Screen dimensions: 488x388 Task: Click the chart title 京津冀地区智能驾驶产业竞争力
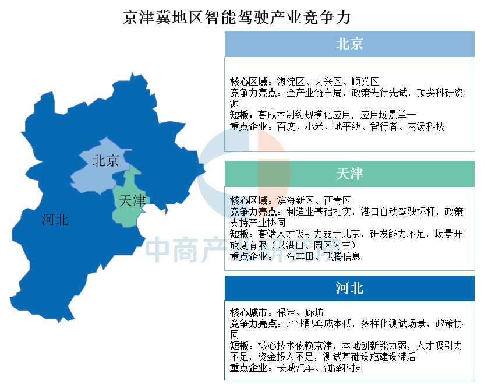[x=237, y=17]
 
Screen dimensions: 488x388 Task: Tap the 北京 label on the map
[x=106, y=161]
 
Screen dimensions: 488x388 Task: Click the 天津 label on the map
[x=132, y=200]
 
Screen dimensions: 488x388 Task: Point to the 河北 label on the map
[x=55, y=220]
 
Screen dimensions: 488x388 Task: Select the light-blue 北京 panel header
[x=349, y=44]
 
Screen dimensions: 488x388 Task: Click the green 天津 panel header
[x=349, y=174]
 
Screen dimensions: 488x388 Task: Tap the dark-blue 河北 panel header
[x=349, y=288]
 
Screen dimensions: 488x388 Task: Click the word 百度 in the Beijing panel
[x=286, y=127]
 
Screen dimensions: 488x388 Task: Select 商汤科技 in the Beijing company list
[x=426, y=127]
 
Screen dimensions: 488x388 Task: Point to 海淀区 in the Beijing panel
[x=291, y=82]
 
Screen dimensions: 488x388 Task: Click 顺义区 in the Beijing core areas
[x=365, y=82]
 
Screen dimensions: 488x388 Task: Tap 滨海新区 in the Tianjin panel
[x=295, y=200]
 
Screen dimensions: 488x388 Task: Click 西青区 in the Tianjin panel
[x=337, y=200]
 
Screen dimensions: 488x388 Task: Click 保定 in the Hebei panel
[x=286, y=312]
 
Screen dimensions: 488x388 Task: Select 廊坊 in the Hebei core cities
[x=314, y=312]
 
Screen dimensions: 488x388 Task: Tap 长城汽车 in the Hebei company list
[x=295, y=368]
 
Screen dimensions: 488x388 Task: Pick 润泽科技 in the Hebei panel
[x=342, y=368]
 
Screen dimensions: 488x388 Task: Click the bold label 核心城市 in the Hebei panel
[x=249, y=312]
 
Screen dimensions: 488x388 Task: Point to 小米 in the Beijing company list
[x=314, y=127]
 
